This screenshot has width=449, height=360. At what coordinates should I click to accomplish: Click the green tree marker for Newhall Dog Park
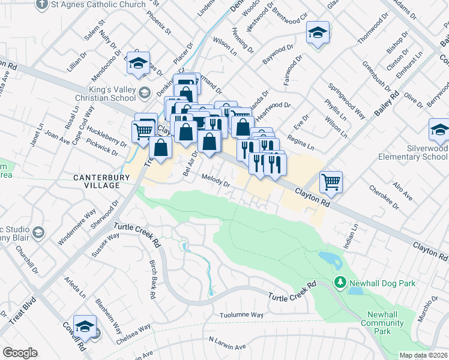pos(340,282)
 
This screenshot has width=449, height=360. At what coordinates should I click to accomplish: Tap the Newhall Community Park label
pos(382,323)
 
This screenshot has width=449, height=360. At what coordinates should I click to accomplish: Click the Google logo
pos(20,353)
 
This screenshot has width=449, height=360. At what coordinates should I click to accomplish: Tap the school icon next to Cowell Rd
pos(85,325)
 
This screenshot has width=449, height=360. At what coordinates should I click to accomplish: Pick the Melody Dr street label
pos(216,181)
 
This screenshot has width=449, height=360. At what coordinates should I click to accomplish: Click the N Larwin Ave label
pos(228,343)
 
